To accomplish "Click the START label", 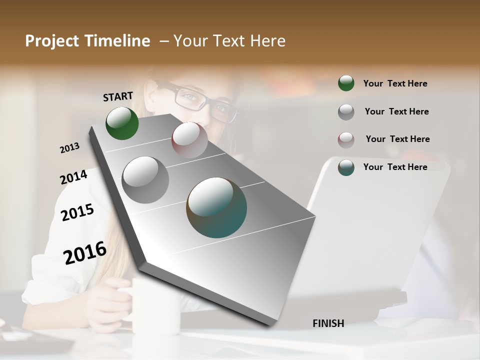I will (118, 96).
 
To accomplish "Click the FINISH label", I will (328, 323).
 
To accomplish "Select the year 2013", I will (69, 147).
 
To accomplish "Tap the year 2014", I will (73, 177).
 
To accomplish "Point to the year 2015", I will (77, 212).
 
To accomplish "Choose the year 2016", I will (85, 252).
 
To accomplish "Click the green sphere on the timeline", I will (122, 123).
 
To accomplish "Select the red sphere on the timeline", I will (189, 140).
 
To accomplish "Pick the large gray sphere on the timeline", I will (145, 180).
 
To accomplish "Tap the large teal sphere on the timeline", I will (216, 207).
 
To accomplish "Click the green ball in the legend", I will (346, 83).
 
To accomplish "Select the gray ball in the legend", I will (346, 112).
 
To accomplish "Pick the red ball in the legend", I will (346, 139).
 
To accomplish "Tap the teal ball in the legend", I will (346, 167).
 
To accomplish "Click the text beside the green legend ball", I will (395, 83).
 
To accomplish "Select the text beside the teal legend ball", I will (395, 167).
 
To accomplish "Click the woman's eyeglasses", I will (200, 100).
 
